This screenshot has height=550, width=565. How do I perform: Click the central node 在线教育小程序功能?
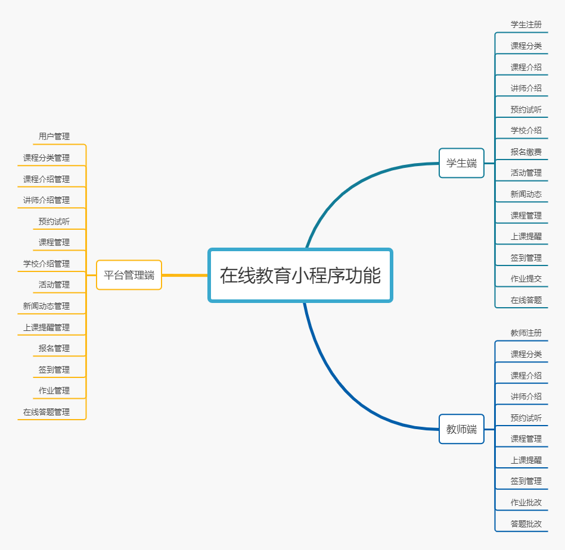[x=300, y=276]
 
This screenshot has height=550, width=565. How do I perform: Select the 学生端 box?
[x=461, y=163]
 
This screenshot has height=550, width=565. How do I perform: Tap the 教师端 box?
[x=461, y=429]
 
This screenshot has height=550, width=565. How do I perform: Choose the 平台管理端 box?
[x=129, y=275]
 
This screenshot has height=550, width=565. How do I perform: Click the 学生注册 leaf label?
[x=526, y=24]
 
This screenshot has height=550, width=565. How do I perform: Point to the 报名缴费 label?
[x=526, y=152]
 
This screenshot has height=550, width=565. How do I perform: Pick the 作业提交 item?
[x=526, y=279]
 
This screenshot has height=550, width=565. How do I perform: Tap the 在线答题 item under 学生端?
[x=526, y=300]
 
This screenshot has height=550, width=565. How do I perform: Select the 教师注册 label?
[x=526, y=333]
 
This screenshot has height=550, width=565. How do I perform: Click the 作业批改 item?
[x=526, y=502]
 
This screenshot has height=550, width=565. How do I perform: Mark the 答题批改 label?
[x=526, y=524]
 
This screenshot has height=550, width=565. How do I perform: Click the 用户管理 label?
[x=54, y=136]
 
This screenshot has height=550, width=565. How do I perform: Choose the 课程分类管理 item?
[x=46, y=158]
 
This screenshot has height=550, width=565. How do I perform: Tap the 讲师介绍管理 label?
[x=46, y=200]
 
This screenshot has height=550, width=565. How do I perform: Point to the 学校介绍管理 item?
[x=46, y=264]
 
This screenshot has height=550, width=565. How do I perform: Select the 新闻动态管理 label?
[x=46, y=306]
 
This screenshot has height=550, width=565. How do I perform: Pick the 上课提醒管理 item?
[x=46, y=327]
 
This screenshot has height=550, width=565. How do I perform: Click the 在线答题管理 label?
[x=46, y=412]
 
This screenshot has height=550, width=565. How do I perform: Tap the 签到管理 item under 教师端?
[x=526, y=481]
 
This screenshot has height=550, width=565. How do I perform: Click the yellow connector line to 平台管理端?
[x=185, y=276]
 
